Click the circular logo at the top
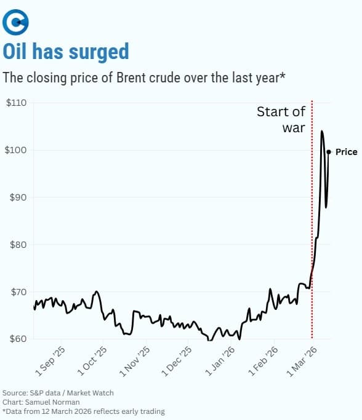click(16, 23)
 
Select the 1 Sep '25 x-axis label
click(50, 362)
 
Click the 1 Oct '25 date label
click(93, 362)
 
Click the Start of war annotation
click(281, 119)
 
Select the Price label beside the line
click(346, 152)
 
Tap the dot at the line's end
click(329, 152)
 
